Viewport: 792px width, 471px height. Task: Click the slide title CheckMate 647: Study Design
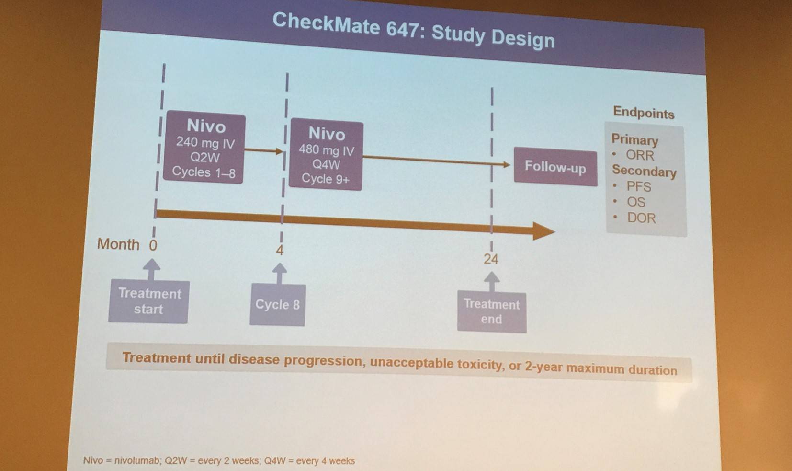pos(413,30)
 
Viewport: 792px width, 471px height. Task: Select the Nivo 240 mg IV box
pos(204,147)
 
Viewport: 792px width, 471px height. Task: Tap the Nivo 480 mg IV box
pos(326,155)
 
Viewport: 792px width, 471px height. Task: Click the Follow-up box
pos(555,167)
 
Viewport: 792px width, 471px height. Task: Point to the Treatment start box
pos(148,301)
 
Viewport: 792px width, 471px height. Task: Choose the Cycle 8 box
pos(278,305)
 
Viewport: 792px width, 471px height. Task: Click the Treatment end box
pos(492,312)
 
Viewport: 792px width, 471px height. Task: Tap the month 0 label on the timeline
pos(153,245)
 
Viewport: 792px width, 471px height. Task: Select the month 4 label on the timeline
pos(280,250)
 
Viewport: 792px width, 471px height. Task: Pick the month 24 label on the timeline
pos(491,259)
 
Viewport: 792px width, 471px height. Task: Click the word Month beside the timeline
pos(118,244)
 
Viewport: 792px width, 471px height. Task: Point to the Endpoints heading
pos(644,113)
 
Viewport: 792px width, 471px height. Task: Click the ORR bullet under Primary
pos(640,155)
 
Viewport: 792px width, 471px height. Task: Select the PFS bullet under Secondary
pos(639,186)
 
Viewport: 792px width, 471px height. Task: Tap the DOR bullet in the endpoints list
pos(641,218)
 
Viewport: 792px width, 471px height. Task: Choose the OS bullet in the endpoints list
pos(636,202)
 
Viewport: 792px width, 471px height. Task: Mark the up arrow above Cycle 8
pos(280,273)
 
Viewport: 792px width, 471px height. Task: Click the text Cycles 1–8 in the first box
pos(204,172)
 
